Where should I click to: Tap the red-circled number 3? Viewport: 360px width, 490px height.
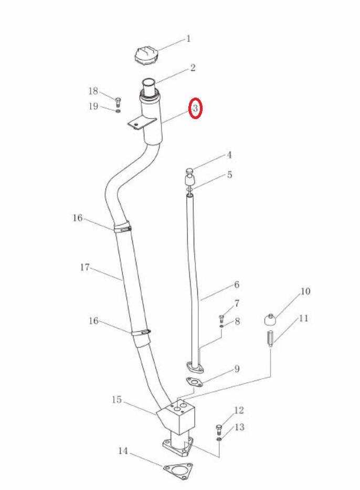click(195, 109)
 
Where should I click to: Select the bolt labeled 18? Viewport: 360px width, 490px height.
click(118, 102)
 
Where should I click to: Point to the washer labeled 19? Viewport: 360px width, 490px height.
click(118, 111)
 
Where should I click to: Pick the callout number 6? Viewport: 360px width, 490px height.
click(237, 284)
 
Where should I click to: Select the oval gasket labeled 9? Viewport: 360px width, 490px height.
click(194, 382)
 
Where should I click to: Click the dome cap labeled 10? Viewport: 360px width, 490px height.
click(270, 320)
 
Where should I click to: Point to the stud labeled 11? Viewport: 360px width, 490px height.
click(270, 338)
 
